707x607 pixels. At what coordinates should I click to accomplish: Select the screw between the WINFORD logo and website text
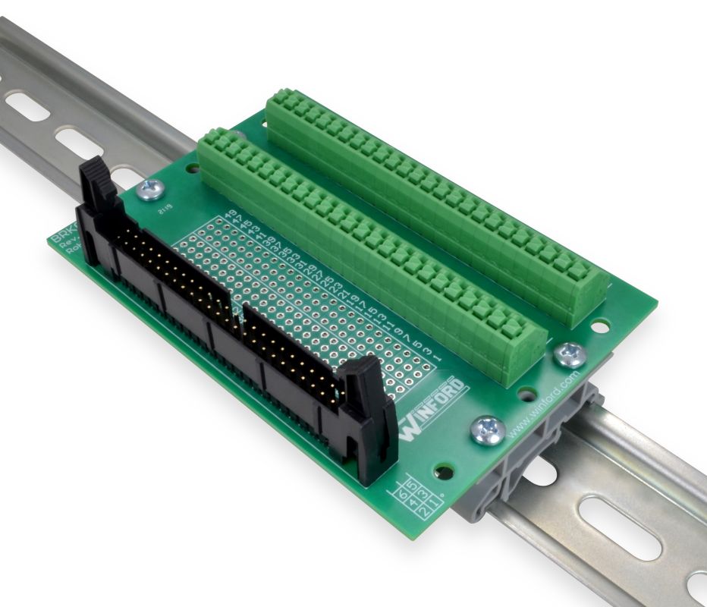tap(487, 429)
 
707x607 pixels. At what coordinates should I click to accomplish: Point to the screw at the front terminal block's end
tap(569, 353)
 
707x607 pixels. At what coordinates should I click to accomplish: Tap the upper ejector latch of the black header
tap(97, 182)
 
